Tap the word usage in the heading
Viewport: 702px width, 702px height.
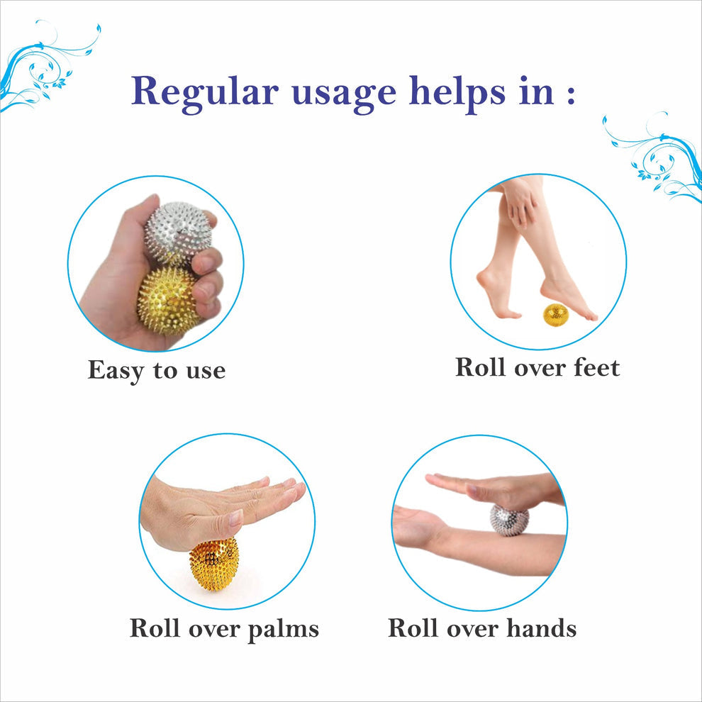[x=344, y=96]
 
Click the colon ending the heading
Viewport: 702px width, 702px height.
[x=570, y=94]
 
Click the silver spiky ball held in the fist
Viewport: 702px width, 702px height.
[x=178, y=234]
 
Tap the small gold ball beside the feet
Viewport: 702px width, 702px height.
[x=556, y=315]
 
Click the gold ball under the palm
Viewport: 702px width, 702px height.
[x=214, y=563]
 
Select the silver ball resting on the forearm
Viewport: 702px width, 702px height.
[x=509, y=520]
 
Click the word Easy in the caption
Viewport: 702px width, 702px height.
[x=116, y=371]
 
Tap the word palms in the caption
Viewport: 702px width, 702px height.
[x=283, y=629]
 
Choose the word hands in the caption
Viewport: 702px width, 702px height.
[x=541, y=628]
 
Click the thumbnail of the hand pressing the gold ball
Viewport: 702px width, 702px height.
[x=227, y=522]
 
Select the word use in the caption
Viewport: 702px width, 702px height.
[x=206, y=371]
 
